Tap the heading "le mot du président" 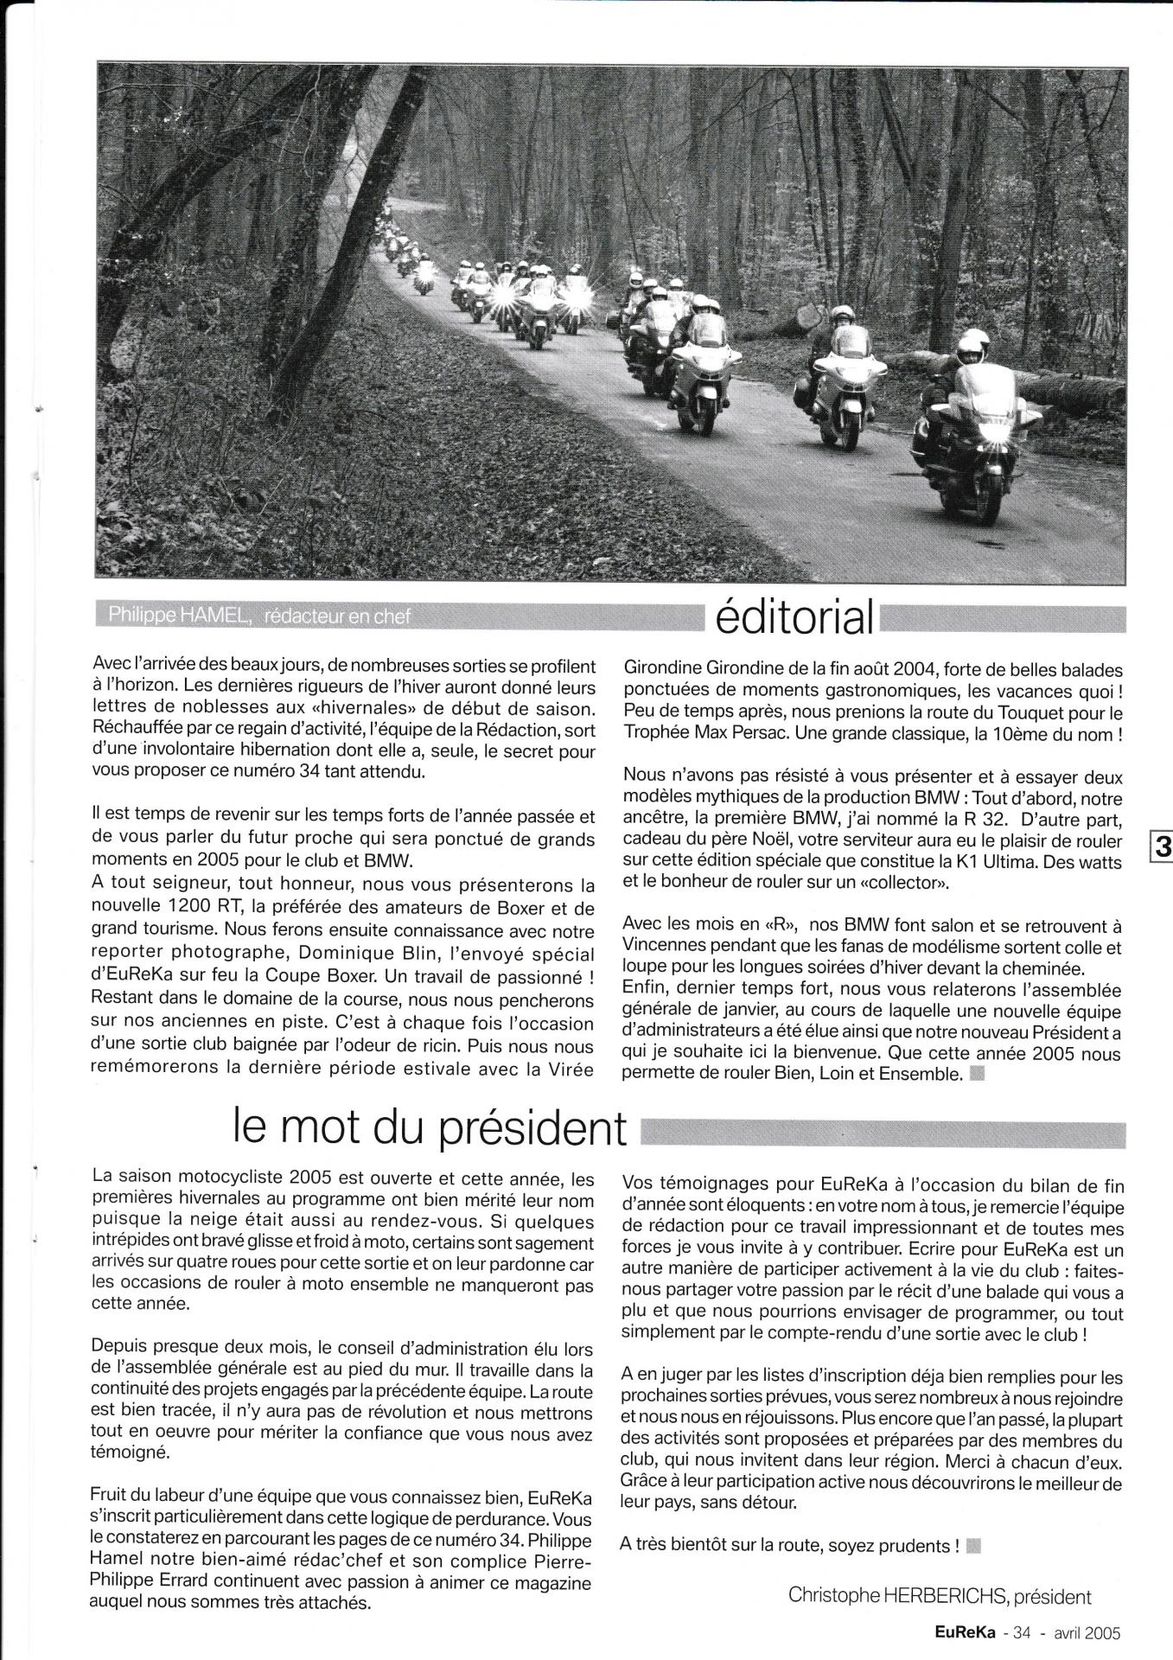click(x=430, y=1127)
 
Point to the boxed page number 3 click(x=1163, y=847)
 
